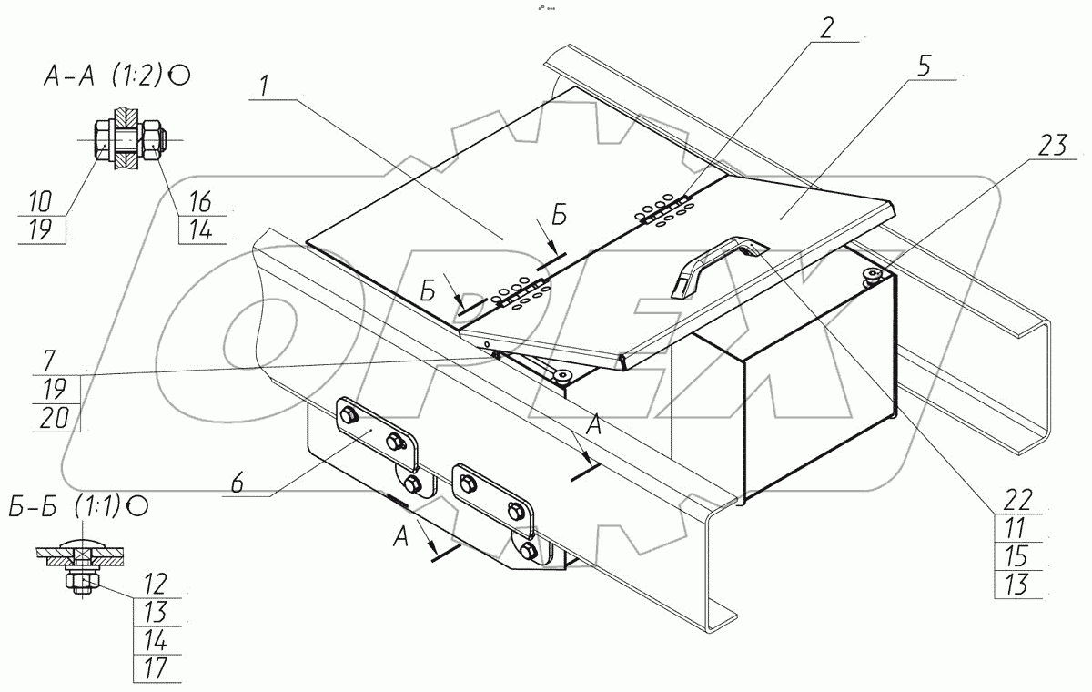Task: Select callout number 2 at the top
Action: pos(826,28)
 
